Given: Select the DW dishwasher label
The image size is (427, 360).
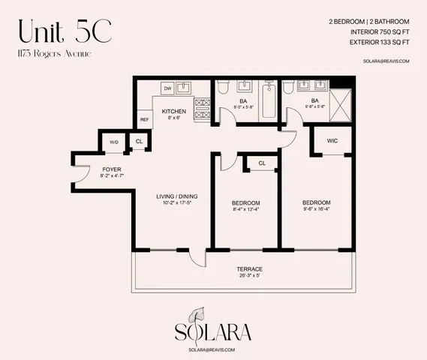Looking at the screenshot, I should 167,88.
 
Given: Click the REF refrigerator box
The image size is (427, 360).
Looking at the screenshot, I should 145,119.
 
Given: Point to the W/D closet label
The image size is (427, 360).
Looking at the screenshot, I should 115,142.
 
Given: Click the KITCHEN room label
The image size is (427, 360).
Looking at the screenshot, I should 173,111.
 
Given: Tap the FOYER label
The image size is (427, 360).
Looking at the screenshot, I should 111,169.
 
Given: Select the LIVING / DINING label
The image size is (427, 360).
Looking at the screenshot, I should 176,197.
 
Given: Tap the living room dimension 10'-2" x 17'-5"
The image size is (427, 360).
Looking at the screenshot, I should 176,204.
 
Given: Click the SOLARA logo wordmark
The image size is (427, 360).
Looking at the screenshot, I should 213,332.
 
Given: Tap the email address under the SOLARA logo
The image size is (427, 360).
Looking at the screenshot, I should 213,349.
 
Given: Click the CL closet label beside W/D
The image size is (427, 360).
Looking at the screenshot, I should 139,142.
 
